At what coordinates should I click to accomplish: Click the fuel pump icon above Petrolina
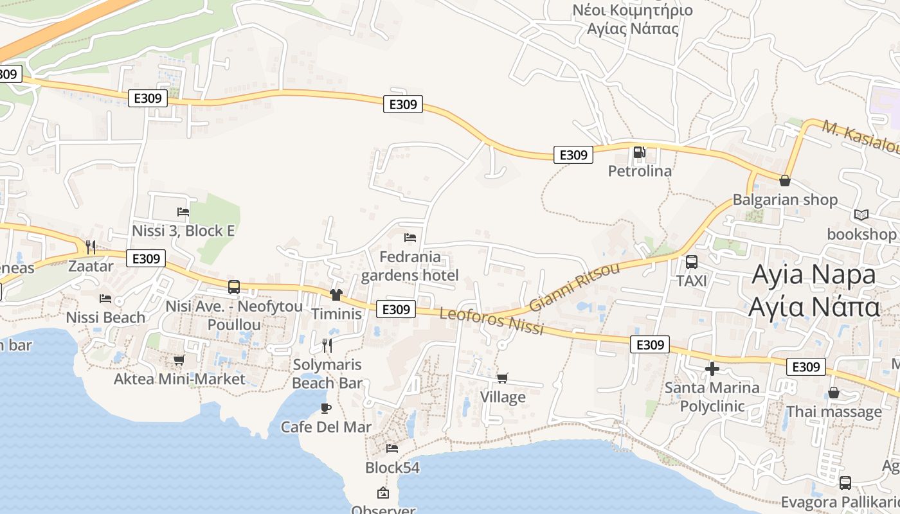click(x=639, y=152)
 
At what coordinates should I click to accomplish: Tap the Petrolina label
click(x=640, y=171)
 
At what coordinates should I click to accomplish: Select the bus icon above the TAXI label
click(x=692, y=262)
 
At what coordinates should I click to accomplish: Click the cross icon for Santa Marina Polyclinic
click(x=712, y=369)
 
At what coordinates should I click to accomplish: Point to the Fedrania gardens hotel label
click(x=410, y=266)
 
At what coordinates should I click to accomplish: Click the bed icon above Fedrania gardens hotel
click(x=410, y=238)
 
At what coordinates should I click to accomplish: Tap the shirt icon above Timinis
click(x=336, y=295)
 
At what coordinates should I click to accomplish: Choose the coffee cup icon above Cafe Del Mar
click(x=326, y=408)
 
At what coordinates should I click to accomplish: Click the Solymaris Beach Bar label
click(x=327, y=374)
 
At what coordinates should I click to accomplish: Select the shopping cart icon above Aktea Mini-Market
click(x=179, y=360)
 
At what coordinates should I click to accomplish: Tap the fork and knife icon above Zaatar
click(x=91, y=247)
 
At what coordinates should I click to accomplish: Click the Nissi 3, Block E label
click(x=183, y=231)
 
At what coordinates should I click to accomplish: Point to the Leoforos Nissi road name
click(x=492, y=320)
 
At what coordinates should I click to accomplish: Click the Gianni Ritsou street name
click(x=574, y=287)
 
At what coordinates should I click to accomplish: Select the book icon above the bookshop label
click(x=861, y=215)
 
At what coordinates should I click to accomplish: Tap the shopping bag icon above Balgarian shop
click(x=784, y=181)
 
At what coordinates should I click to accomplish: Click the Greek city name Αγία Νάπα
click(x=814, y=307)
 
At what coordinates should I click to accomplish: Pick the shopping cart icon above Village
click(x=502, y=378)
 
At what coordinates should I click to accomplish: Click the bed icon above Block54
click(x=392, y=448)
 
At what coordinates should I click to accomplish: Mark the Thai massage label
click(x=834, y=411)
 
